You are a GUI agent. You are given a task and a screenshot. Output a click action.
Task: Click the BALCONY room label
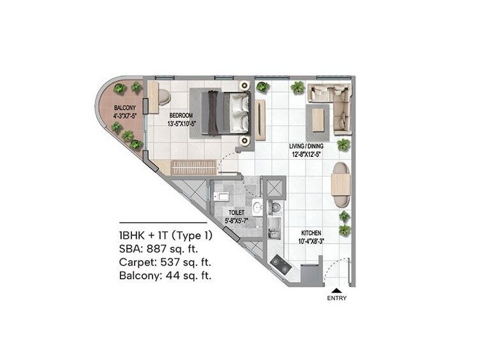coord(124,107)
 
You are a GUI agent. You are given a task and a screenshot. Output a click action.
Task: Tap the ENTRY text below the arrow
coord(336,299)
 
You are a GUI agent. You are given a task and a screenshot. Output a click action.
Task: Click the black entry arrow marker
coord(336,290)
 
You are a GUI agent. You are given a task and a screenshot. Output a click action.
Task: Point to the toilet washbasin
coord(256,206)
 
